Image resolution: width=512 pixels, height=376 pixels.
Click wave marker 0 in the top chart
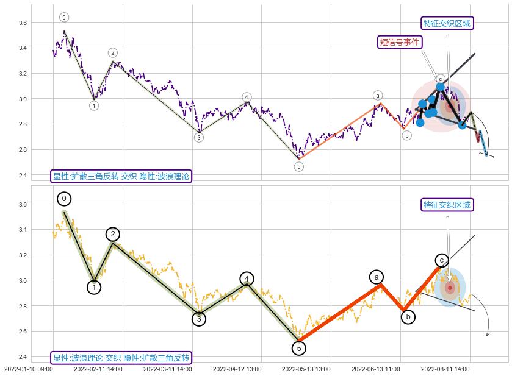tap(64, 18)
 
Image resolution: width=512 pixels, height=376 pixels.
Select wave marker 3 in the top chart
tap(199, 137)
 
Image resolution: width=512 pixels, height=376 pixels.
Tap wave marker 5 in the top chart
tap(298, 166)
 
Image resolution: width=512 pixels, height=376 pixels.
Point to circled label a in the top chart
tap(378, 96)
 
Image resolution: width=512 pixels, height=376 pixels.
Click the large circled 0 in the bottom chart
tap(64, 199)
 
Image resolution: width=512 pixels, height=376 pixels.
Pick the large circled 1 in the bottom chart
tap(94, 287)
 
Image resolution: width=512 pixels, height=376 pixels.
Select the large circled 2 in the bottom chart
tap(113, 234)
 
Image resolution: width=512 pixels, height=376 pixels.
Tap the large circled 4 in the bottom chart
tap(247, 279)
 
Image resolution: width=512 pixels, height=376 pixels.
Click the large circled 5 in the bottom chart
tap(298, 348)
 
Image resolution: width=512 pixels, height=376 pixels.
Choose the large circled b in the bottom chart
tap(408, 317)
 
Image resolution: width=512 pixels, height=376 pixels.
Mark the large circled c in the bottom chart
tap(442, 261)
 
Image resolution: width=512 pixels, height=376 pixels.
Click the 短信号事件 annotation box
tap(400, 42)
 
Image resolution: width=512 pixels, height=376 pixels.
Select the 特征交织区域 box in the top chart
tap(447, 23)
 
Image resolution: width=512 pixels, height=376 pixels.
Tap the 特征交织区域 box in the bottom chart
tap(447, 205)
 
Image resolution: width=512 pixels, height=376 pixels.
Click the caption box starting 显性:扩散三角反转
tap(121, 176)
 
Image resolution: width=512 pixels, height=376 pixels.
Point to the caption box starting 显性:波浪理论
tap(121, 358)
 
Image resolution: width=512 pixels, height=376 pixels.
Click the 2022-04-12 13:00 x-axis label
tap(237, 369)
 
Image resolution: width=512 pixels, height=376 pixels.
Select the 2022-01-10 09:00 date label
tap(28, 369)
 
